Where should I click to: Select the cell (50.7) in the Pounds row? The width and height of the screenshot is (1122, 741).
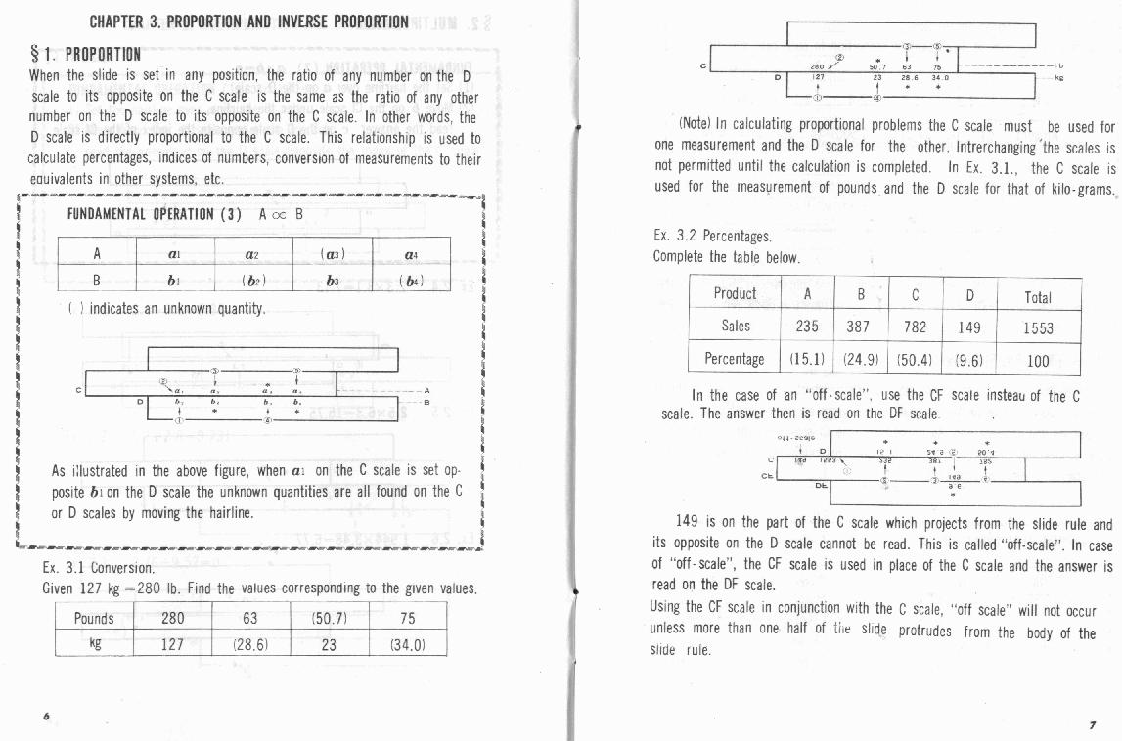click(x=329, y=618)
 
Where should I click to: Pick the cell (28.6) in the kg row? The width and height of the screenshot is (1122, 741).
click(x=250, y=644)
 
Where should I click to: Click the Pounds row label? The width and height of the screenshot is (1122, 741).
click(x=94, y=618)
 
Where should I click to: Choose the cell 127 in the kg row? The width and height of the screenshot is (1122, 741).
click(x=172, y=644)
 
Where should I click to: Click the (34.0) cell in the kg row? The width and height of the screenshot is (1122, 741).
click(x=408, y=644)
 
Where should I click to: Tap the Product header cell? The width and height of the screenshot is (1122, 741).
click(x=735, y=294)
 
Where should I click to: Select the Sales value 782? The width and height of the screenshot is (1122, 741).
click(x=915, y=327)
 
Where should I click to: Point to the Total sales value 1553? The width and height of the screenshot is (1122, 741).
click(x=1038, y=328)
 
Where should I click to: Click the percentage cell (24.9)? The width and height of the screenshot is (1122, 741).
click(x=861, y=360)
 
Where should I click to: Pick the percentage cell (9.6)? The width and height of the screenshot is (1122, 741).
click(x=969, y=360)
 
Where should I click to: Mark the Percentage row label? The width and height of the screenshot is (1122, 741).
click(x=735, y=359)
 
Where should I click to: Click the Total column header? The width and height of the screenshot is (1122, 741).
click(x=1038, y=296)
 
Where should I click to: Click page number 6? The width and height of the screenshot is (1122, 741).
click(x=46, y=716)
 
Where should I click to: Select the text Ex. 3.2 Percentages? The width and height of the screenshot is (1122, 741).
click(x=713, y=237)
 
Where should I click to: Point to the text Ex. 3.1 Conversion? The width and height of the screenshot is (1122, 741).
click(x=98, y=568)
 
